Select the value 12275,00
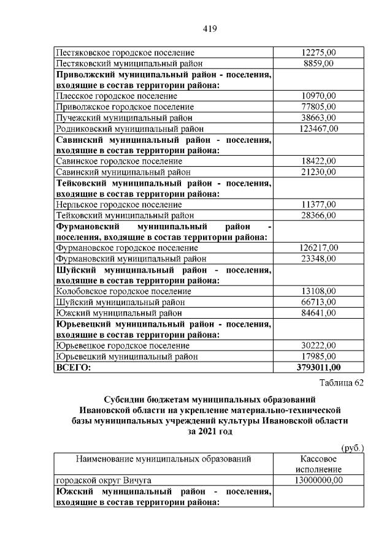(x=319, y=53)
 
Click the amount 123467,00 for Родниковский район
(x=319, y=129)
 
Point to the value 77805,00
(x=319, y=107)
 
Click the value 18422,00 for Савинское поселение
(x=319, y=161)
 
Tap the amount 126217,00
(x=319, y=248)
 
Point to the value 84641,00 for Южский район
(x=319, y=313)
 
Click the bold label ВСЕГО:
(x=73, y=368)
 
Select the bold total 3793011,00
(x=319, y=368)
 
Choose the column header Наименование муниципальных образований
(x=163, y=459)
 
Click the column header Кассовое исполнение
(x=318, y=464)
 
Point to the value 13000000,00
(x=319, y=480)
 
